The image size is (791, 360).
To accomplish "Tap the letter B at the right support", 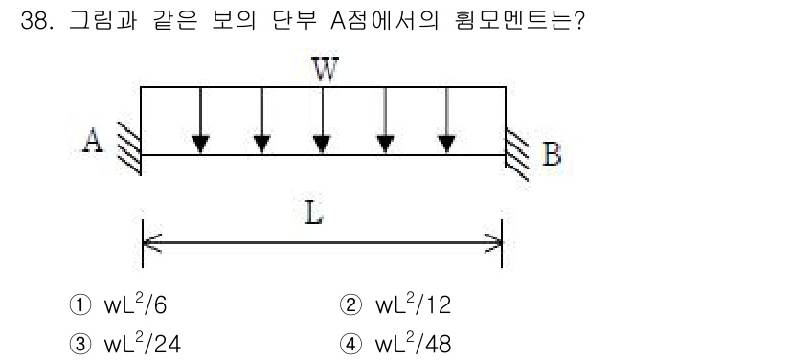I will [552, 154].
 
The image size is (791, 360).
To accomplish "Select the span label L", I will [314, 214].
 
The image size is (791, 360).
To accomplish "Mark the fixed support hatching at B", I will [518, 153].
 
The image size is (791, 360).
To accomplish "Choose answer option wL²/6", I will [140, 304].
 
